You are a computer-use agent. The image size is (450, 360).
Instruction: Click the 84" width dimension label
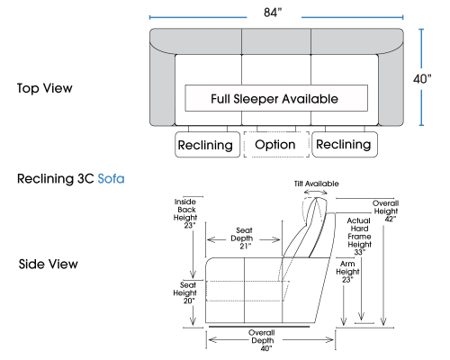point(273,13)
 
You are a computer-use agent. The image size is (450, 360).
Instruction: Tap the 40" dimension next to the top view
point(422,79)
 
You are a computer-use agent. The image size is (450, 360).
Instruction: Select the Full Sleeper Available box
point(276,98)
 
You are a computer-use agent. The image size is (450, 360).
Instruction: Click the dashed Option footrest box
point(276,144)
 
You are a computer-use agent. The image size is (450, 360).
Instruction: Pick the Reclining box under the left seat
point(208,144)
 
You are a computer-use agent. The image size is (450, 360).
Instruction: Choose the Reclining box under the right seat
point(345,144)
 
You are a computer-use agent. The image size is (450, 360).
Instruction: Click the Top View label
point(45,88)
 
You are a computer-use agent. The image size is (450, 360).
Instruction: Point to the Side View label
point(48,264)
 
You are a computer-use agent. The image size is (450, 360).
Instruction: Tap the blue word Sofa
point(111,179)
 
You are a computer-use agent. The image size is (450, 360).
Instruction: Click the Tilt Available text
point(317,184)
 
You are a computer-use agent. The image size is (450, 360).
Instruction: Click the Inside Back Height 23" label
point(185,213)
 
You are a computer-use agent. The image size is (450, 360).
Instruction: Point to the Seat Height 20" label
point(184,292)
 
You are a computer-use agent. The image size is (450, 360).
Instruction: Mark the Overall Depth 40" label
point(263,340)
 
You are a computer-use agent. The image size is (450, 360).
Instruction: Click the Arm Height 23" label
point(347,272)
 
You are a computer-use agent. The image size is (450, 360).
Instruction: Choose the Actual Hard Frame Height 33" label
point(359,237)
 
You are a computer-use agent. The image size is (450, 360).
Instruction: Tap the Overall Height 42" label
point(386,211)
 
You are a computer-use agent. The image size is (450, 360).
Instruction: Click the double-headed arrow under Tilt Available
point(316,192)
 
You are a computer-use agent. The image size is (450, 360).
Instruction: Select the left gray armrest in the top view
point(162,87)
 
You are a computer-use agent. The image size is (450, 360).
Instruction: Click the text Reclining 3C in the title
point(56,179)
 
